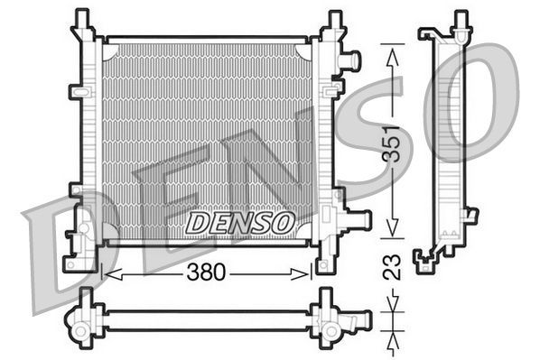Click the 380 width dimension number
coord(208,272)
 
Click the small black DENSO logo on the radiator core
coord(238,221)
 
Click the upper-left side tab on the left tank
coord(77,93)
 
